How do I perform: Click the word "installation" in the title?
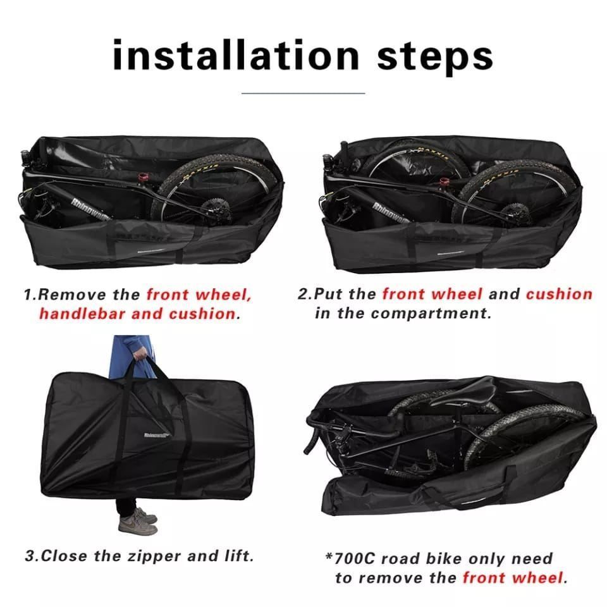pyautogui.click(x=236, y=56)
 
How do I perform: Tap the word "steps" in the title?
pyautogui.click(x=435, y=59)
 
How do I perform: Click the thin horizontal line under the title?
pyautogui.click(x=303, y=94)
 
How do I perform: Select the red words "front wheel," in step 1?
pyautogui.click(x=199, y=295)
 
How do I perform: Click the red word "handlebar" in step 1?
pyautogui.click(x=82, y=314)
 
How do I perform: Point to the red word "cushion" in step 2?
pyautogui.click(x=559, y=294)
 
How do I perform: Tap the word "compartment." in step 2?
pyautogui.click(x=431, y=313)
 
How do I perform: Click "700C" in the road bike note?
pyautogui.click(x=354, y=559)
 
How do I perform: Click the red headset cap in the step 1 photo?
pyautogui.click(x=144, y=178)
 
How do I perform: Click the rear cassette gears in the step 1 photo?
pyautogui.click(x=212, y=209)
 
